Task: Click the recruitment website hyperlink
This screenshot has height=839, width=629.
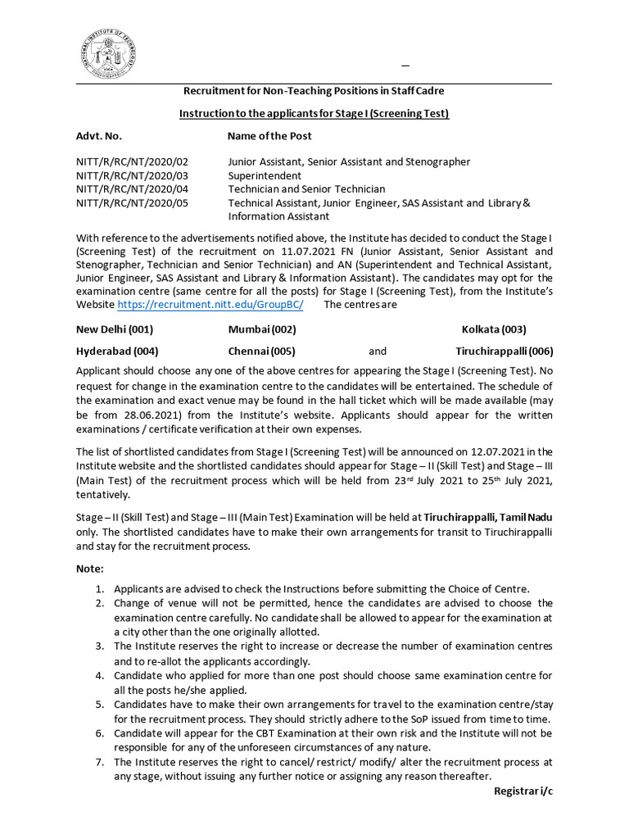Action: click(210, 305)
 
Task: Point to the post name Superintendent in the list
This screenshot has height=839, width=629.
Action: click(265, 175)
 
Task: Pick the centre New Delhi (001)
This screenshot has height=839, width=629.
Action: click(115, 329)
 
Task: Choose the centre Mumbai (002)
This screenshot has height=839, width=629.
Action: click(262, 329)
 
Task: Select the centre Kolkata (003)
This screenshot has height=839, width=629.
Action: click(494, 329)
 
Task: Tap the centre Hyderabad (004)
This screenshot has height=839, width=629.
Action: click(117, 351)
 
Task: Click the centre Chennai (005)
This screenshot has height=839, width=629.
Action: click(261, 351)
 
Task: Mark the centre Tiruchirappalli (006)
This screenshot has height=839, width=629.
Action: click(505, 351)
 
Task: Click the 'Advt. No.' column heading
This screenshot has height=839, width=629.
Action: click(99, 136)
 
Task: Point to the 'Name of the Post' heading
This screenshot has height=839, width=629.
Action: click(269, 136)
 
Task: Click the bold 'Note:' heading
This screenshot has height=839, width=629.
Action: click(90, 569)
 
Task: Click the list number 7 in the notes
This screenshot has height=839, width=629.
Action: click(98, 762)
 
